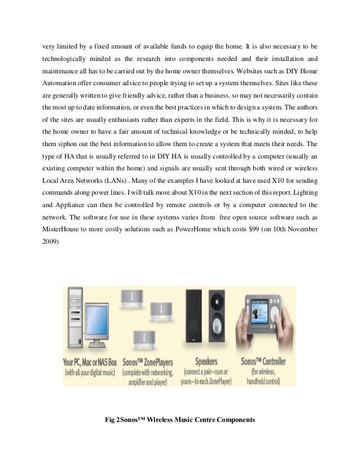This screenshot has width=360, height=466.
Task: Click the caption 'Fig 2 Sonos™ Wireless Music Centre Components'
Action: point(181,420)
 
